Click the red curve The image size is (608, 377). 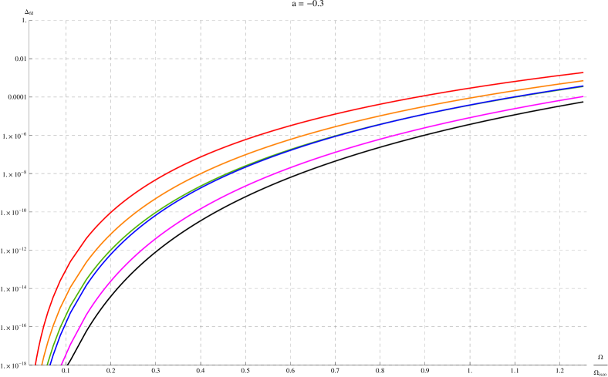coord(201,157)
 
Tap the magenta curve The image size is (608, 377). coord(201,209)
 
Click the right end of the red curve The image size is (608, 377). coord(583,72)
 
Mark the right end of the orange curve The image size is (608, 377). coord(583,80)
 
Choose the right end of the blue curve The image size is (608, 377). coord(583,86)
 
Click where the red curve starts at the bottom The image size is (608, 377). coord(35,364)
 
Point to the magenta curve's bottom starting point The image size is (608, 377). coord(61,364)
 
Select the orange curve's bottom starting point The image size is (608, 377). coord(42,364)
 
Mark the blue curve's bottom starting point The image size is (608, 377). coord(49,364)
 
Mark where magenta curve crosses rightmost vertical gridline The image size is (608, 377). coord(559,100)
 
